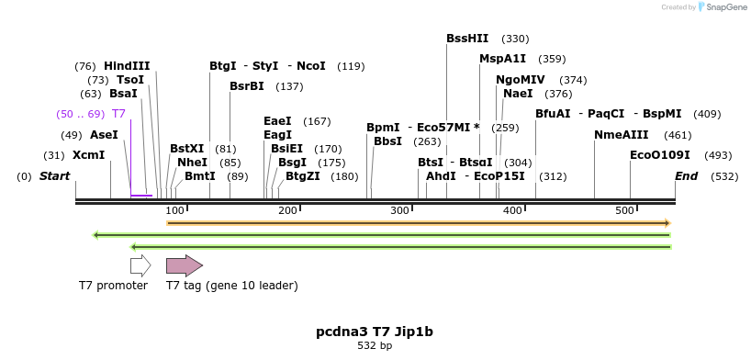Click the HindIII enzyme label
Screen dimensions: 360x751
(x=127, y=66)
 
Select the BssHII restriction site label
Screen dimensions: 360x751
(x=467, y=39)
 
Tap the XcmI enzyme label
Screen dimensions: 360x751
(x=89, y=155)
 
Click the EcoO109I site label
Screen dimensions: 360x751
(x=659, y=155)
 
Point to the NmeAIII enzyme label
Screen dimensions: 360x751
(x=621, y=135)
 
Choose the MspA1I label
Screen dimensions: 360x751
(x=502, y=59)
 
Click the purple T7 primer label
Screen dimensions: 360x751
(x=118, y=114)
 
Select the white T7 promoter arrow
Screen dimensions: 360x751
(x=140, y=266)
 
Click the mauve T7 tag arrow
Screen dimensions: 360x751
(x=184, y=266)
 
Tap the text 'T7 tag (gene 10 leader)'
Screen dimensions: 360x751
(x=231, y=286)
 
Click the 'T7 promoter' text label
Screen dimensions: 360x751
(x=113, y=286)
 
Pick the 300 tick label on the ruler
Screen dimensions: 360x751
(x=399, y=211)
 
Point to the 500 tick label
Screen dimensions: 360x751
(x=624, y=211)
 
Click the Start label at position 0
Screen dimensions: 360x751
(x=54, y=176)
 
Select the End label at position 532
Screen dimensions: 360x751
(x=686, y=176)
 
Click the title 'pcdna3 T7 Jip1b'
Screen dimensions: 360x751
(x=375, y=332)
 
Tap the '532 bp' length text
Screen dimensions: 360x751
(x=375, y=346)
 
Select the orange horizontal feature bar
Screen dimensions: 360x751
(x=419, y=223)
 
